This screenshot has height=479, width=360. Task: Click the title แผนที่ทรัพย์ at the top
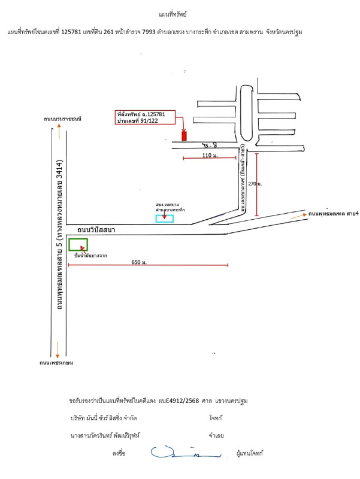point(180,13)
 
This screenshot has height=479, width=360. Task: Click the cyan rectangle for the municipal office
point(165,219)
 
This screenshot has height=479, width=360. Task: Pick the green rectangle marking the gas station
point(78,244)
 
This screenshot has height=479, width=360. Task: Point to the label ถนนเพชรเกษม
point(57,362)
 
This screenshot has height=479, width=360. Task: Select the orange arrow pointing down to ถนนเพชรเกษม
point(58,348)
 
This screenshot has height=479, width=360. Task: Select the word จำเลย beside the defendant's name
point(216,435)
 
